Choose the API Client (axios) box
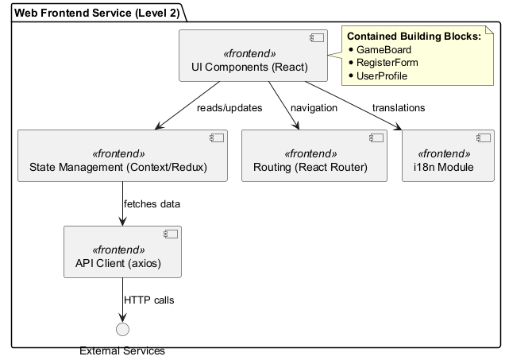coord(122,252)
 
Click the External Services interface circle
coord(122,330)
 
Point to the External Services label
coord(122,350)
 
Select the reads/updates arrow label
coord(229,107)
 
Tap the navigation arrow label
coord(314,107)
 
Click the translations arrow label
coord(398,107)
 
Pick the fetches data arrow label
coord(152,204)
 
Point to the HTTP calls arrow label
coord(149,300)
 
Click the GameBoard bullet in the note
coord(384,49)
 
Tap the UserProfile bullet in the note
coord(382,75)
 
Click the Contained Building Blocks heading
coord(414,37)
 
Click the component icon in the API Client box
coord(170,235)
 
